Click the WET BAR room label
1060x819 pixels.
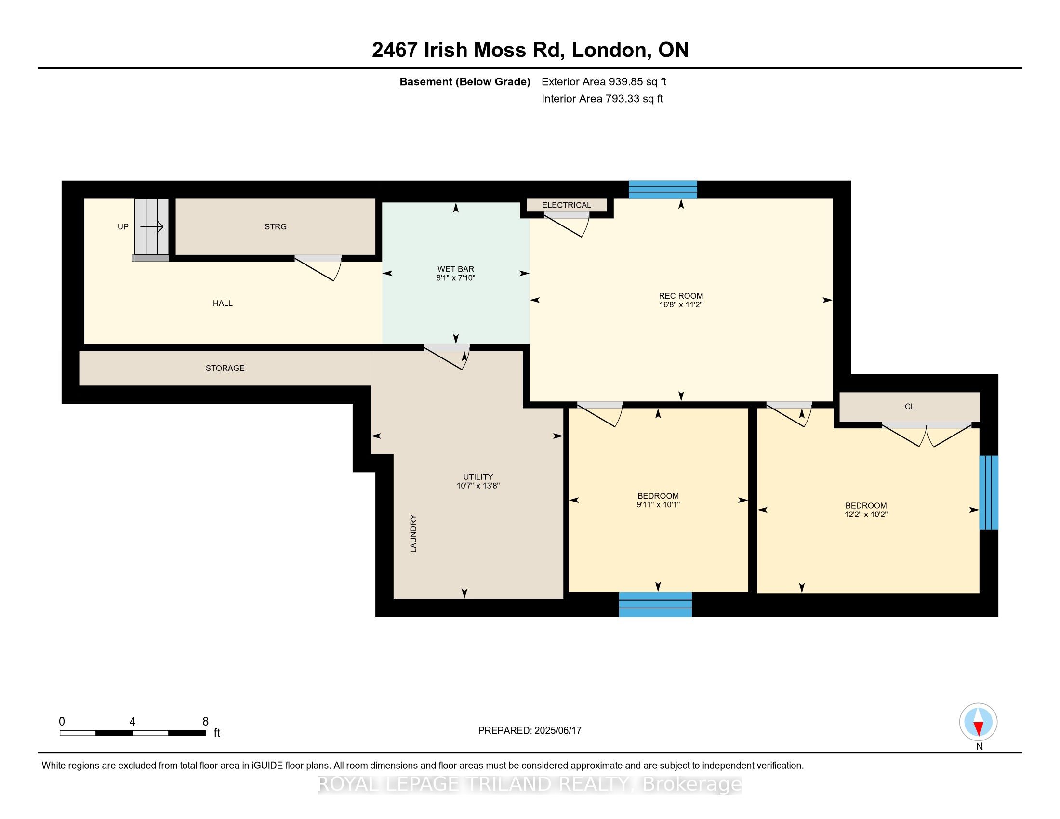(x=455, y=269)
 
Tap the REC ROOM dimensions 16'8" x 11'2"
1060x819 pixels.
(x=680, y=304)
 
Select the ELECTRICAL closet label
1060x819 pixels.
(x=567, y=205)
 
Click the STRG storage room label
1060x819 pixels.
(x=275, y=226)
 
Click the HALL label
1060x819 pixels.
(x=223, y=303)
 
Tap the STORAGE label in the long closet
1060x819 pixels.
(x=225, y=368)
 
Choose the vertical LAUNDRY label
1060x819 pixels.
(x=413, y=534)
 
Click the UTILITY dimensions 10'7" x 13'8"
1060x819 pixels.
(x=478, y=486)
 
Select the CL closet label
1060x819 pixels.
(x=910, y=407)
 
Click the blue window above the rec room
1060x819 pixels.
(x=663, y=190)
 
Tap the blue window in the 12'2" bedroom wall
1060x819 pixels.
(x=989, y=492)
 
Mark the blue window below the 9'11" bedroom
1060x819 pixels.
(x=655, y=604)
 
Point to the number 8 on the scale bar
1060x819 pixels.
(x=205, y=722)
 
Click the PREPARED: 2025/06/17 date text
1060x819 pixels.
(x=530, y=731)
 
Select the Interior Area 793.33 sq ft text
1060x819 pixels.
(x=602, y=99)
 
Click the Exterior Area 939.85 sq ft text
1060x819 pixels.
(x=604, y=82)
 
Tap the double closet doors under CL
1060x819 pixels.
(x=927, y=435)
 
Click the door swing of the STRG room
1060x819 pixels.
(x=318, y=268)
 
